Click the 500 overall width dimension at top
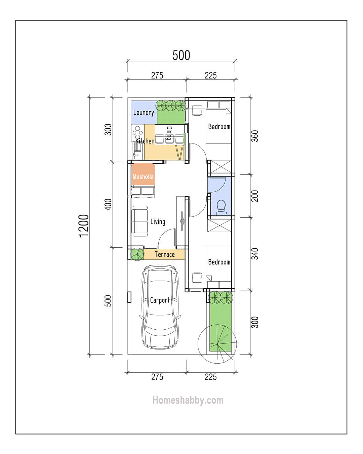click(181, 55)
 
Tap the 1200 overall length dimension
click(84, 225)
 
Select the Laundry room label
click(144, 113)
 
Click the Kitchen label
click(145, 141)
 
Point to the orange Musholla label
click(143, 176)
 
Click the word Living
click(158, 222)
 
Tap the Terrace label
click(164, 254)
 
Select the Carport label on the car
click(160, 300)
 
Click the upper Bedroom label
click(219, 127)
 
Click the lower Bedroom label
click(219, 262)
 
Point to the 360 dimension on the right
click(255, 136)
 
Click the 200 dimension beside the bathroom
click(255, 196)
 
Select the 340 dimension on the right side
click(255, 254)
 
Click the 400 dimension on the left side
click(108, 204)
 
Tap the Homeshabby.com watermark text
click(188, 400)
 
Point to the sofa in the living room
click(139, 220)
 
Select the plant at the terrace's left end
click(137, 254)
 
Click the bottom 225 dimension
click(211, 377)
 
